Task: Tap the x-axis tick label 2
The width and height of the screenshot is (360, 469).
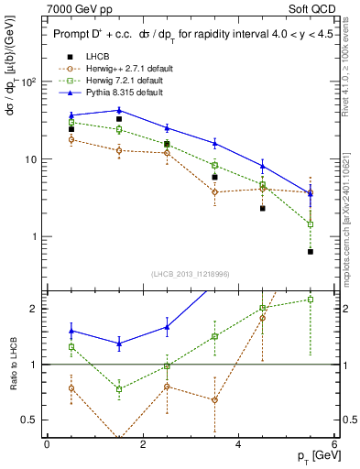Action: [143, 444]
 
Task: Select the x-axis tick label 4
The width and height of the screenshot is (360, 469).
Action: [238, 444]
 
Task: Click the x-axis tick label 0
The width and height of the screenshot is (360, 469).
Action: [47, 444]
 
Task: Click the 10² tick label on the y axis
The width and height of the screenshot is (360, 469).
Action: [28, 82]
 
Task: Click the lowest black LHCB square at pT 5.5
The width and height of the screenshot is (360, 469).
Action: [311, 251]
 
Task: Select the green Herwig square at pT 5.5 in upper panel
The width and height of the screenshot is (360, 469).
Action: [311, 224]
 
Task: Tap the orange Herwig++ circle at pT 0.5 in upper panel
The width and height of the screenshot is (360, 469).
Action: [71, 139]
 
